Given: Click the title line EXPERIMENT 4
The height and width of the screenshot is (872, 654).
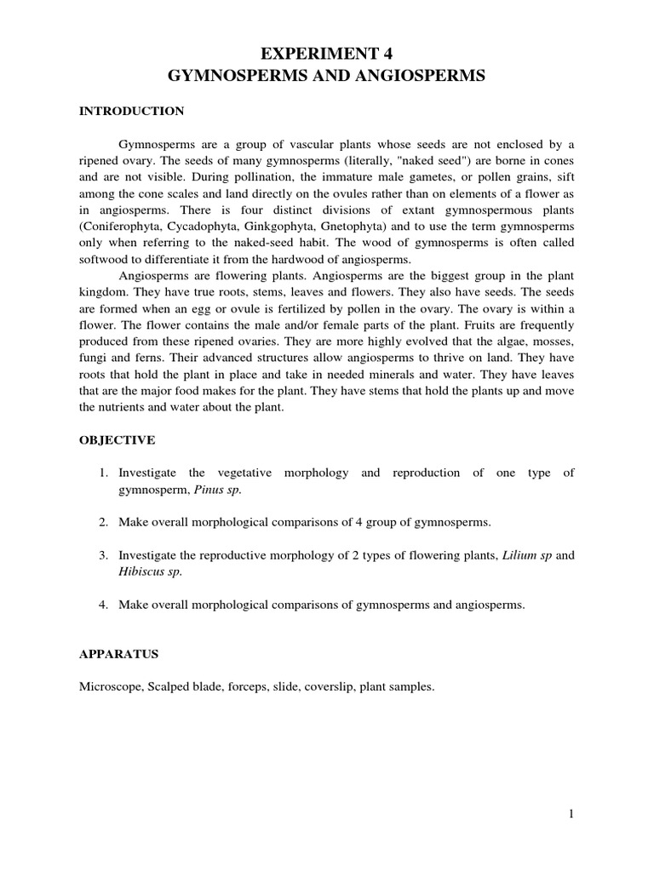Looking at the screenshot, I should (327, 50).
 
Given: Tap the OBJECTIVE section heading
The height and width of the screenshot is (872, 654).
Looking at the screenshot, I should (117, 439).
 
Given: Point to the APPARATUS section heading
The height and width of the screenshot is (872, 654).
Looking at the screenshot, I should (119, 656).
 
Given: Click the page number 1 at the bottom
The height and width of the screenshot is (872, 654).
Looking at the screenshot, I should (571, 814).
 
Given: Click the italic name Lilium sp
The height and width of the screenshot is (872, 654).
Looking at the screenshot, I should (527, 555).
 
